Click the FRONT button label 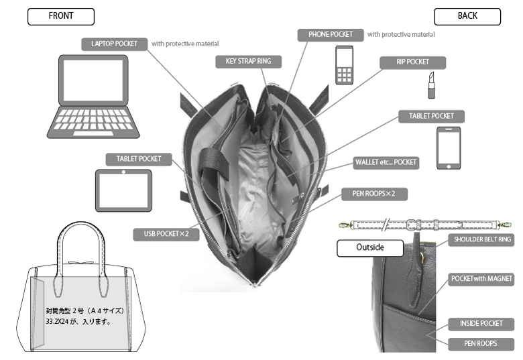coord(60,16)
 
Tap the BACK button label coord(467,16)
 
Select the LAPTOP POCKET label coord(114,44)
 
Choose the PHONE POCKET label coord(331,34)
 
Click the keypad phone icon coord(344,65)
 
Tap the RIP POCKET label coord(412,62)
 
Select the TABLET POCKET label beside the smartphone coord(431,116)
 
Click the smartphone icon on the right coord(449,148)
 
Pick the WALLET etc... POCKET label coord(386,163)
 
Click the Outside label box coord(369,247)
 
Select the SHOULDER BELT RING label coord(482,240)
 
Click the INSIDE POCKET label coord(481,324)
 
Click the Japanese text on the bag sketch coord(85,316)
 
